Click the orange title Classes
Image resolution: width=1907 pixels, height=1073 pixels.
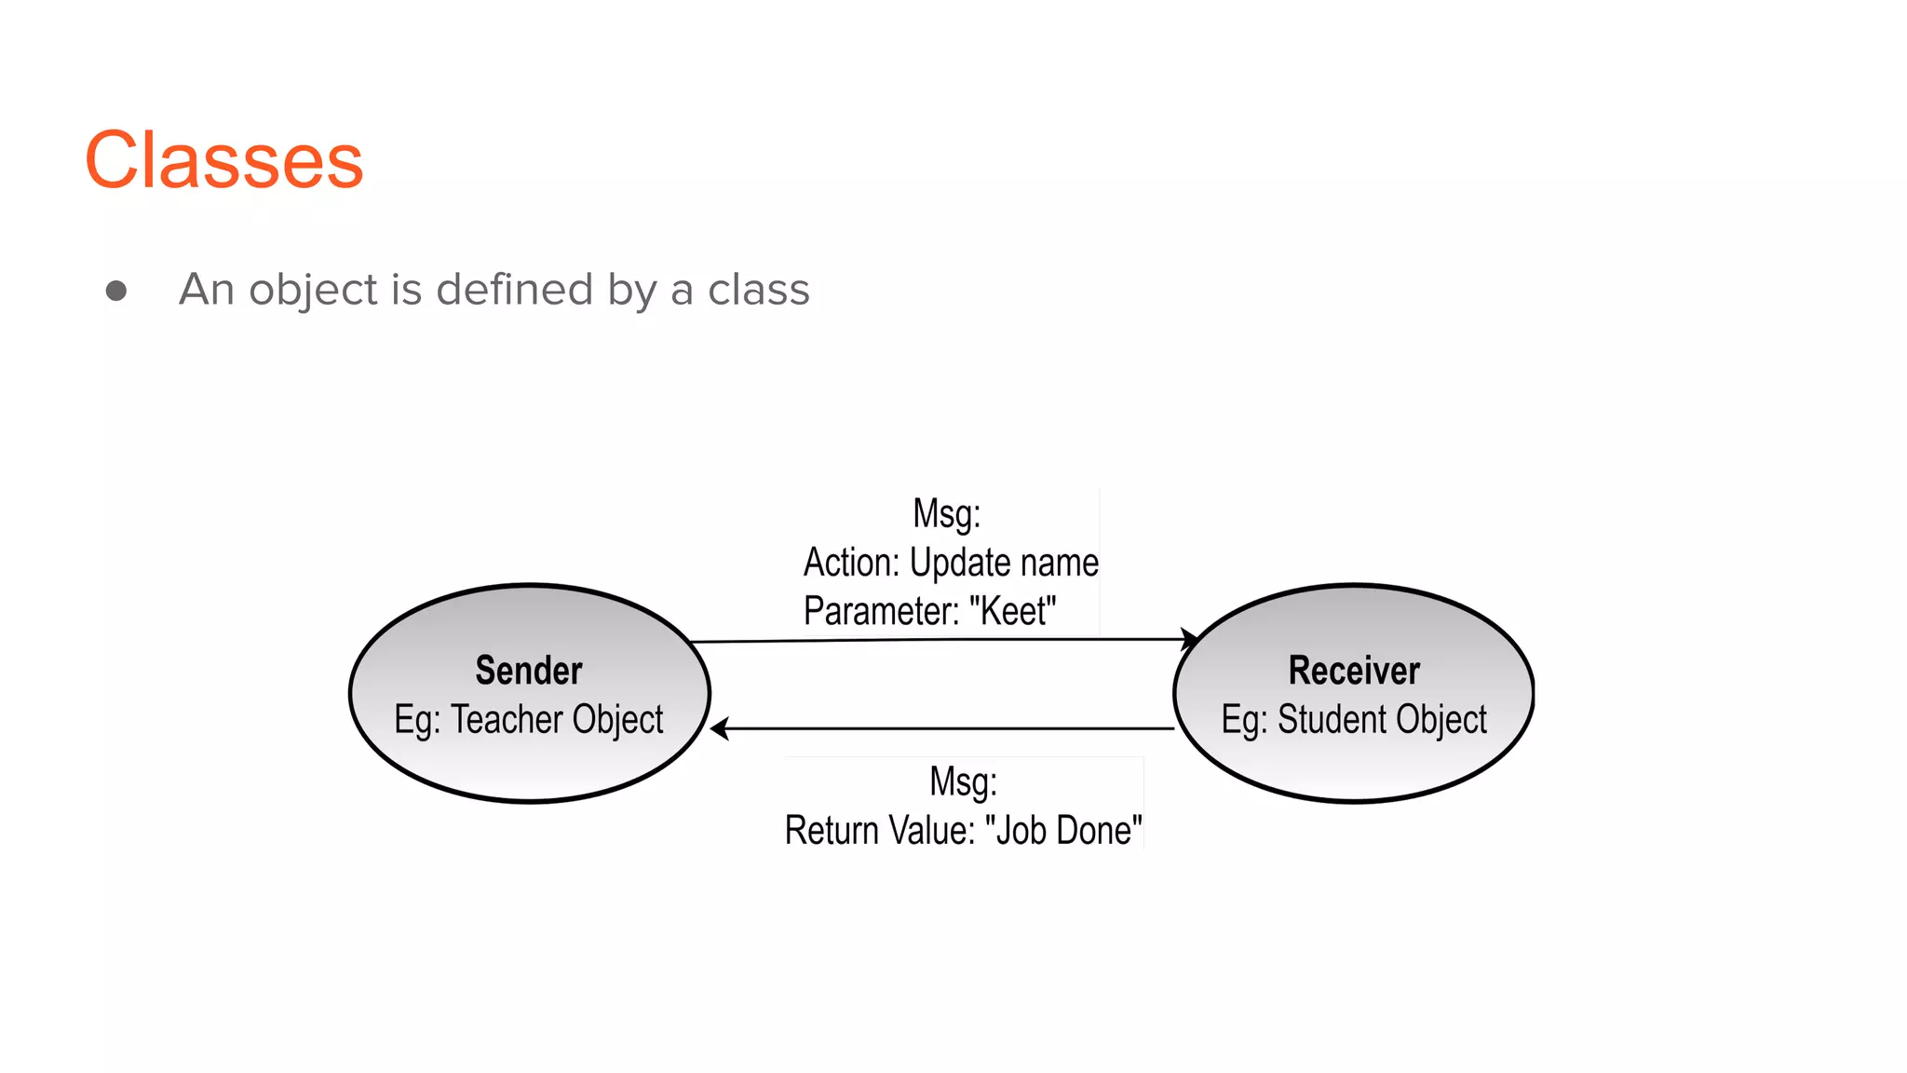tap(223, 160)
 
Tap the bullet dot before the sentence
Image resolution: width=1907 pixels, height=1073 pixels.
tap(116, 292)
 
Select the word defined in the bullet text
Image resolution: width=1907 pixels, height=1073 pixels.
tap(515, 289)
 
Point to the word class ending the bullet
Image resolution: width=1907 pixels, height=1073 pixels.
tap(759, 290)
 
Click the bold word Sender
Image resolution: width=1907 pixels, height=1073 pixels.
tap(529, 671)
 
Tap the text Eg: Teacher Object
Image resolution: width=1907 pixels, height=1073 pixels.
tap(529, 720)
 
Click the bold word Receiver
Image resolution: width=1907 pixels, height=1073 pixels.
tap(1354, 671)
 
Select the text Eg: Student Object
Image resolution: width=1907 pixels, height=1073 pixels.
tap(1354, 720)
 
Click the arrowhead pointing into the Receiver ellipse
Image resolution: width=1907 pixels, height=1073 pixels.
tap(1190, 640)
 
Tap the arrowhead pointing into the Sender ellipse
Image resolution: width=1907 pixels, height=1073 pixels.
tap(719, 728)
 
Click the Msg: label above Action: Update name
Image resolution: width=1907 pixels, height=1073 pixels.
tap(946, 514)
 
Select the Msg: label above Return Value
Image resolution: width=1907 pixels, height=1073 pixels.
tap(963, 782)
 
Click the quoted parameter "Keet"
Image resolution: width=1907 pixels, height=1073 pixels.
tap(1012, 612)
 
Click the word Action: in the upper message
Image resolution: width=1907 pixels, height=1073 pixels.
tap(852, 563)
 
